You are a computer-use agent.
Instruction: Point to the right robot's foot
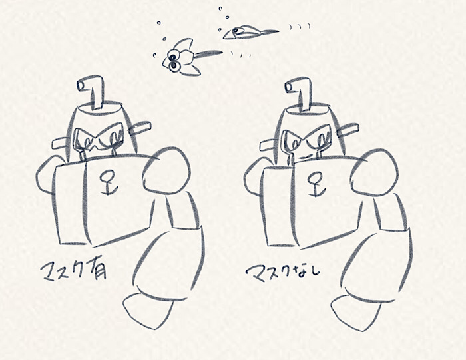point(354,312)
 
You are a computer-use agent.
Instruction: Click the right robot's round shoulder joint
point(374,172)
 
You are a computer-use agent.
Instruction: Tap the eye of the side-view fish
point(236,30)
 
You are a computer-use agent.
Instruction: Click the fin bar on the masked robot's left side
point(61,144)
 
